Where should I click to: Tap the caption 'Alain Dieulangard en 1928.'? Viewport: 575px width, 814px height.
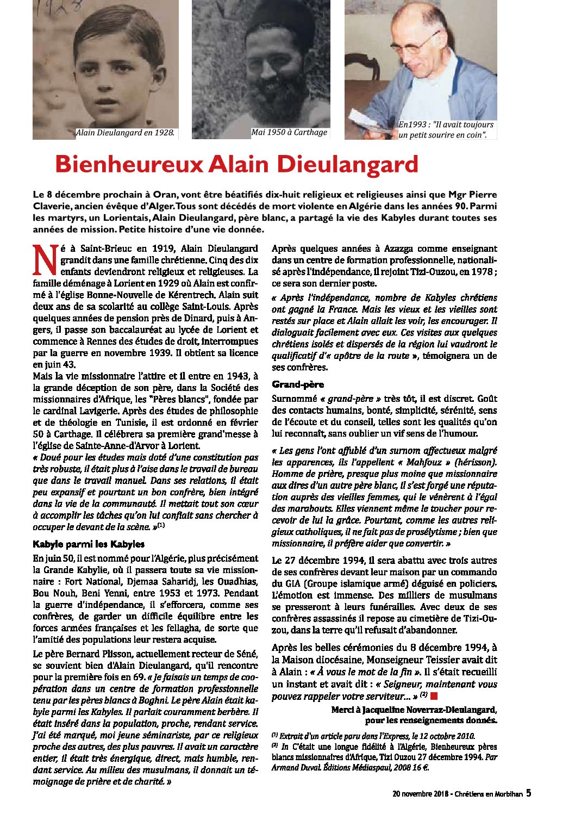click(126, 132)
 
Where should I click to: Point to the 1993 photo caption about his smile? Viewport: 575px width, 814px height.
click(446, 129)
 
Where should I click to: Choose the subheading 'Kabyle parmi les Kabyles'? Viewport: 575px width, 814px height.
click(89, 544)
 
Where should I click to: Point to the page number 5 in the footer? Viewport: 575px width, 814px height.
click(528, 793)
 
